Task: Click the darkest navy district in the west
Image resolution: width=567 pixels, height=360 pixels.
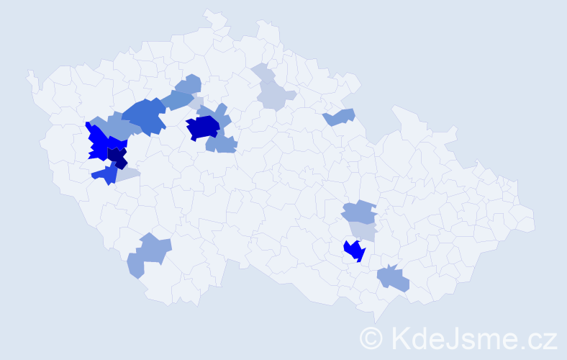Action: (x=117, y=156)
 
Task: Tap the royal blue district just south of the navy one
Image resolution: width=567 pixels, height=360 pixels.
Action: (x=105, y=174)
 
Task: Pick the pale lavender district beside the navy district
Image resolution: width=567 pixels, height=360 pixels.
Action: (x=127, y=174)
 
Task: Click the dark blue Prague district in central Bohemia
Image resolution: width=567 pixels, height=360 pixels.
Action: (x=203, y=127)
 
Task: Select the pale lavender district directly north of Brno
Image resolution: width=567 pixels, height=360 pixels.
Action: (x=364, y=230)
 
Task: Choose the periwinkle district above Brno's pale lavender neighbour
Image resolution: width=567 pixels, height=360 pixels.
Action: (x=359, y=212)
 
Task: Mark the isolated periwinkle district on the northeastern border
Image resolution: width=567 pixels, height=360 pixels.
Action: (x=340, y=117)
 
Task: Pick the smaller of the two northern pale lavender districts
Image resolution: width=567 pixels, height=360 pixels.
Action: (x=262, y=73)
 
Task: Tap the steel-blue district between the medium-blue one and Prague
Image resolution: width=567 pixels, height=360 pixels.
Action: (x=176, y=100)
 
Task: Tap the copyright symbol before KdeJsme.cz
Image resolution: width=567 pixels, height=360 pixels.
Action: (x=371, y=338)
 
